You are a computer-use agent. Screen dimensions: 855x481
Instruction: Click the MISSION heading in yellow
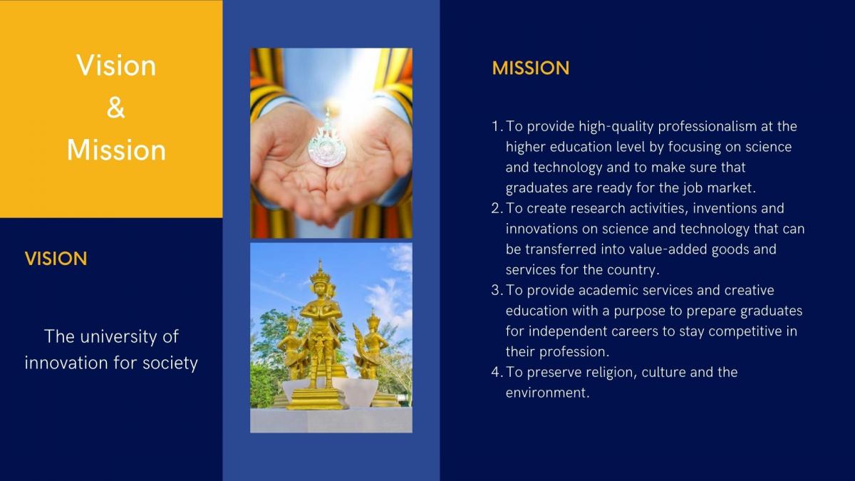tap(531, 68)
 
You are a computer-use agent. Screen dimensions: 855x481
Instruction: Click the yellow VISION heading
tap(56, 259)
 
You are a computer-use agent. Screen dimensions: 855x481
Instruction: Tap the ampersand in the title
tap(115, 108)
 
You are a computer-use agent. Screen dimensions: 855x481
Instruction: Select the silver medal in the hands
tap(326, 143)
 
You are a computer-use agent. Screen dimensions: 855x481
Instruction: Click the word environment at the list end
tap(547, 393)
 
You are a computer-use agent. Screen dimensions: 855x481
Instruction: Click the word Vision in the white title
tap(116, 66)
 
